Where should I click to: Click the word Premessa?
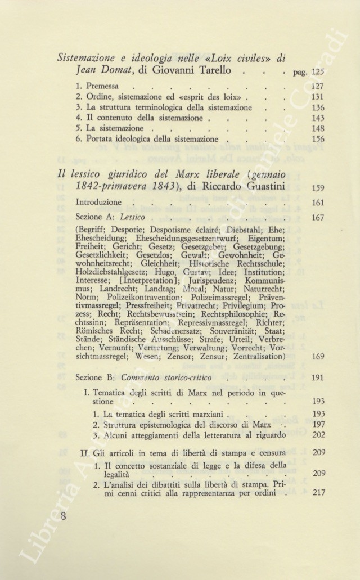(x=102, y=87)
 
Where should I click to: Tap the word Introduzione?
(x=98, y=202)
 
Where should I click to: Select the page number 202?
(x=318, y=434)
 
